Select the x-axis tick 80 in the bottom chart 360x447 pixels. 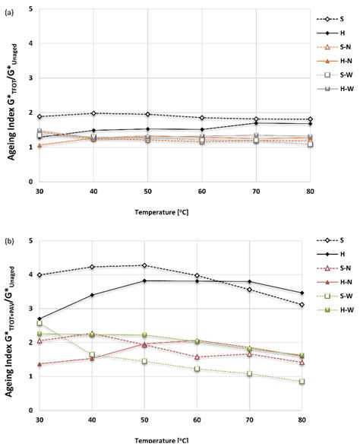tap(311, 420)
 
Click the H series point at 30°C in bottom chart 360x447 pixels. tap(39, 319)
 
